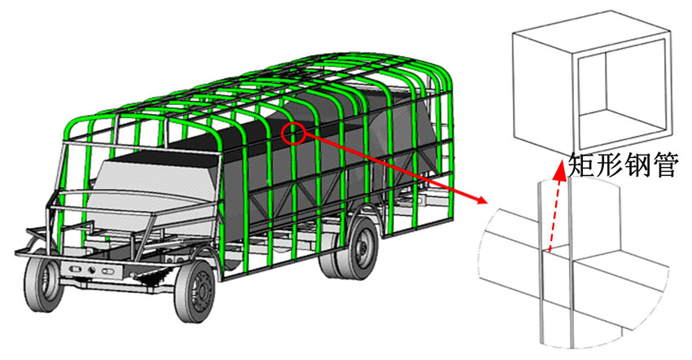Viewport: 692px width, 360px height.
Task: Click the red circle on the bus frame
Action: coord(293,133)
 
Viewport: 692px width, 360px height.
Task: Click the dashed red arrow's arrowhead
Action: coord(560,170)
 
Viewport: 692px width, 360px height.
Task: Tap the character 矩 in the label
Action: coord(581,165)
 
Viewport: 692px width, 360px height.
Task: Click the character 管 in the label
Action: coord(663,165)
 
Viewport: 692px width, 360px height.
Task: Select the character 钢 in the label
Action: coord(636,165)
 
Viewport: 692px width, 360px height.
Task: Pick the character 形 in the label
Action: coord(609,165)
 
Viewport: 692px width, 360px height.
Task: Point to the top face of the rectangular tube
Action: coord(591,30)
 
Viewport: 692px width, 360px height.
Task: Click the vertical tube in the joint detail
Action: coord(555,265)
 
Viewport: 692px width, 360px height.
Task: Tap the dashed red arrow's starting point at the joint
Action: coord(549,252)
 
